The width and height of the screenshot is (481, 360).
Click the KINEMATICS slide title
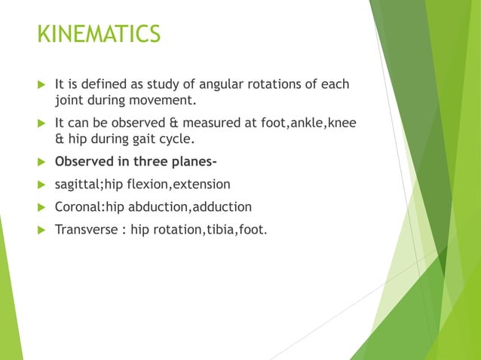coord(99,35)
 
